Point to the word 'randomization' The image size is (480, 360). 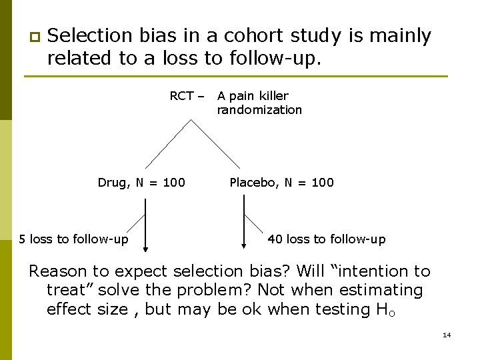tap(259, 110)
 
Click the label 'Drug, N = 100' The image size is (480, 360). tap(141, 183)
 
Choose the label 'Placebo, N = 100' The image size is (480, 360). tap(281, 183)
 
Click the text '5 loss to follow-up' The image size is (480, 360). tap(74, 239)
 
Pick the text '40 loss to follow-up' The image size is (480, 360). tap(326, 239)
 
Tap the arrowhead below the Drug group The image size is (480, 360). tap(145, 250)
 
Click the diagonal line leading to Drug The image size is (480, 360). tap(169, 143)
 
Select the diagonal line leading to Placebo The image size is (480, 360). tap(217, 143)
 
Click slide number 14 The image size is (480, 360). tap(447, 335)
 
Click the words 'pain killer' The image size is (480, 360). tap(258, 96)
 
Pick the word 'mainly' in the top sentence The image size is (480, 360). tap(398, 36)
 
